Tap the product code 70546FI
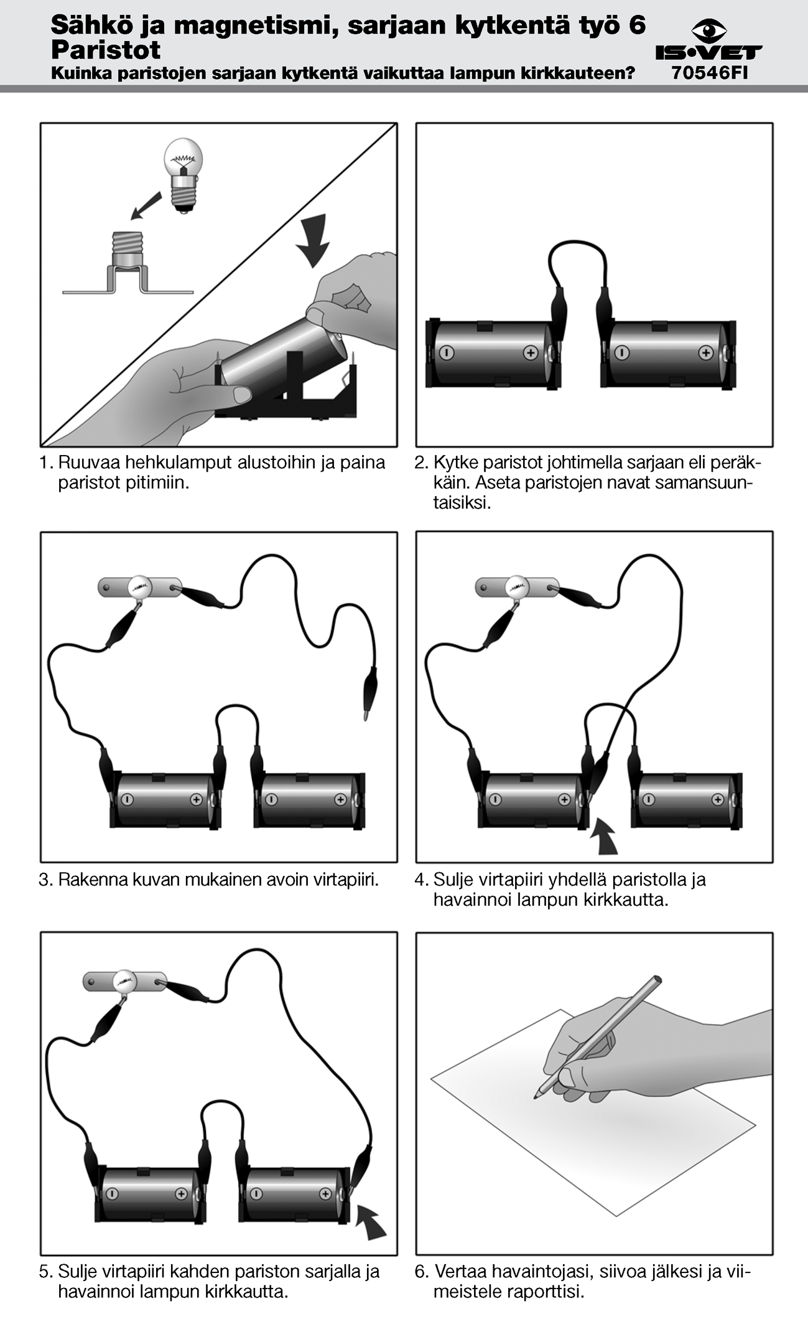pos(709,73)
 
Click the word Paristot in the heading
pos(106,50)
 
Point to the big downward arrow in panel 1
pos(312,240)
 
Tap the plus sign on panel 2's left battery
pos(530,353)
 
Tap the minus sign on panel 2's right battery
pos(621,353)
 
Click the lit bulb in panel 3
pos(139,586)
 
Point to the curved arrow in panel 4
pos(604,837)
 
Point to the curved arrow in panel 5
pos(371,1222)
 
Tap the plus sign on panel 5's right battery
pos(325,1193)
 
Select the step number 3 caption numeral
pos(44,880)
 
